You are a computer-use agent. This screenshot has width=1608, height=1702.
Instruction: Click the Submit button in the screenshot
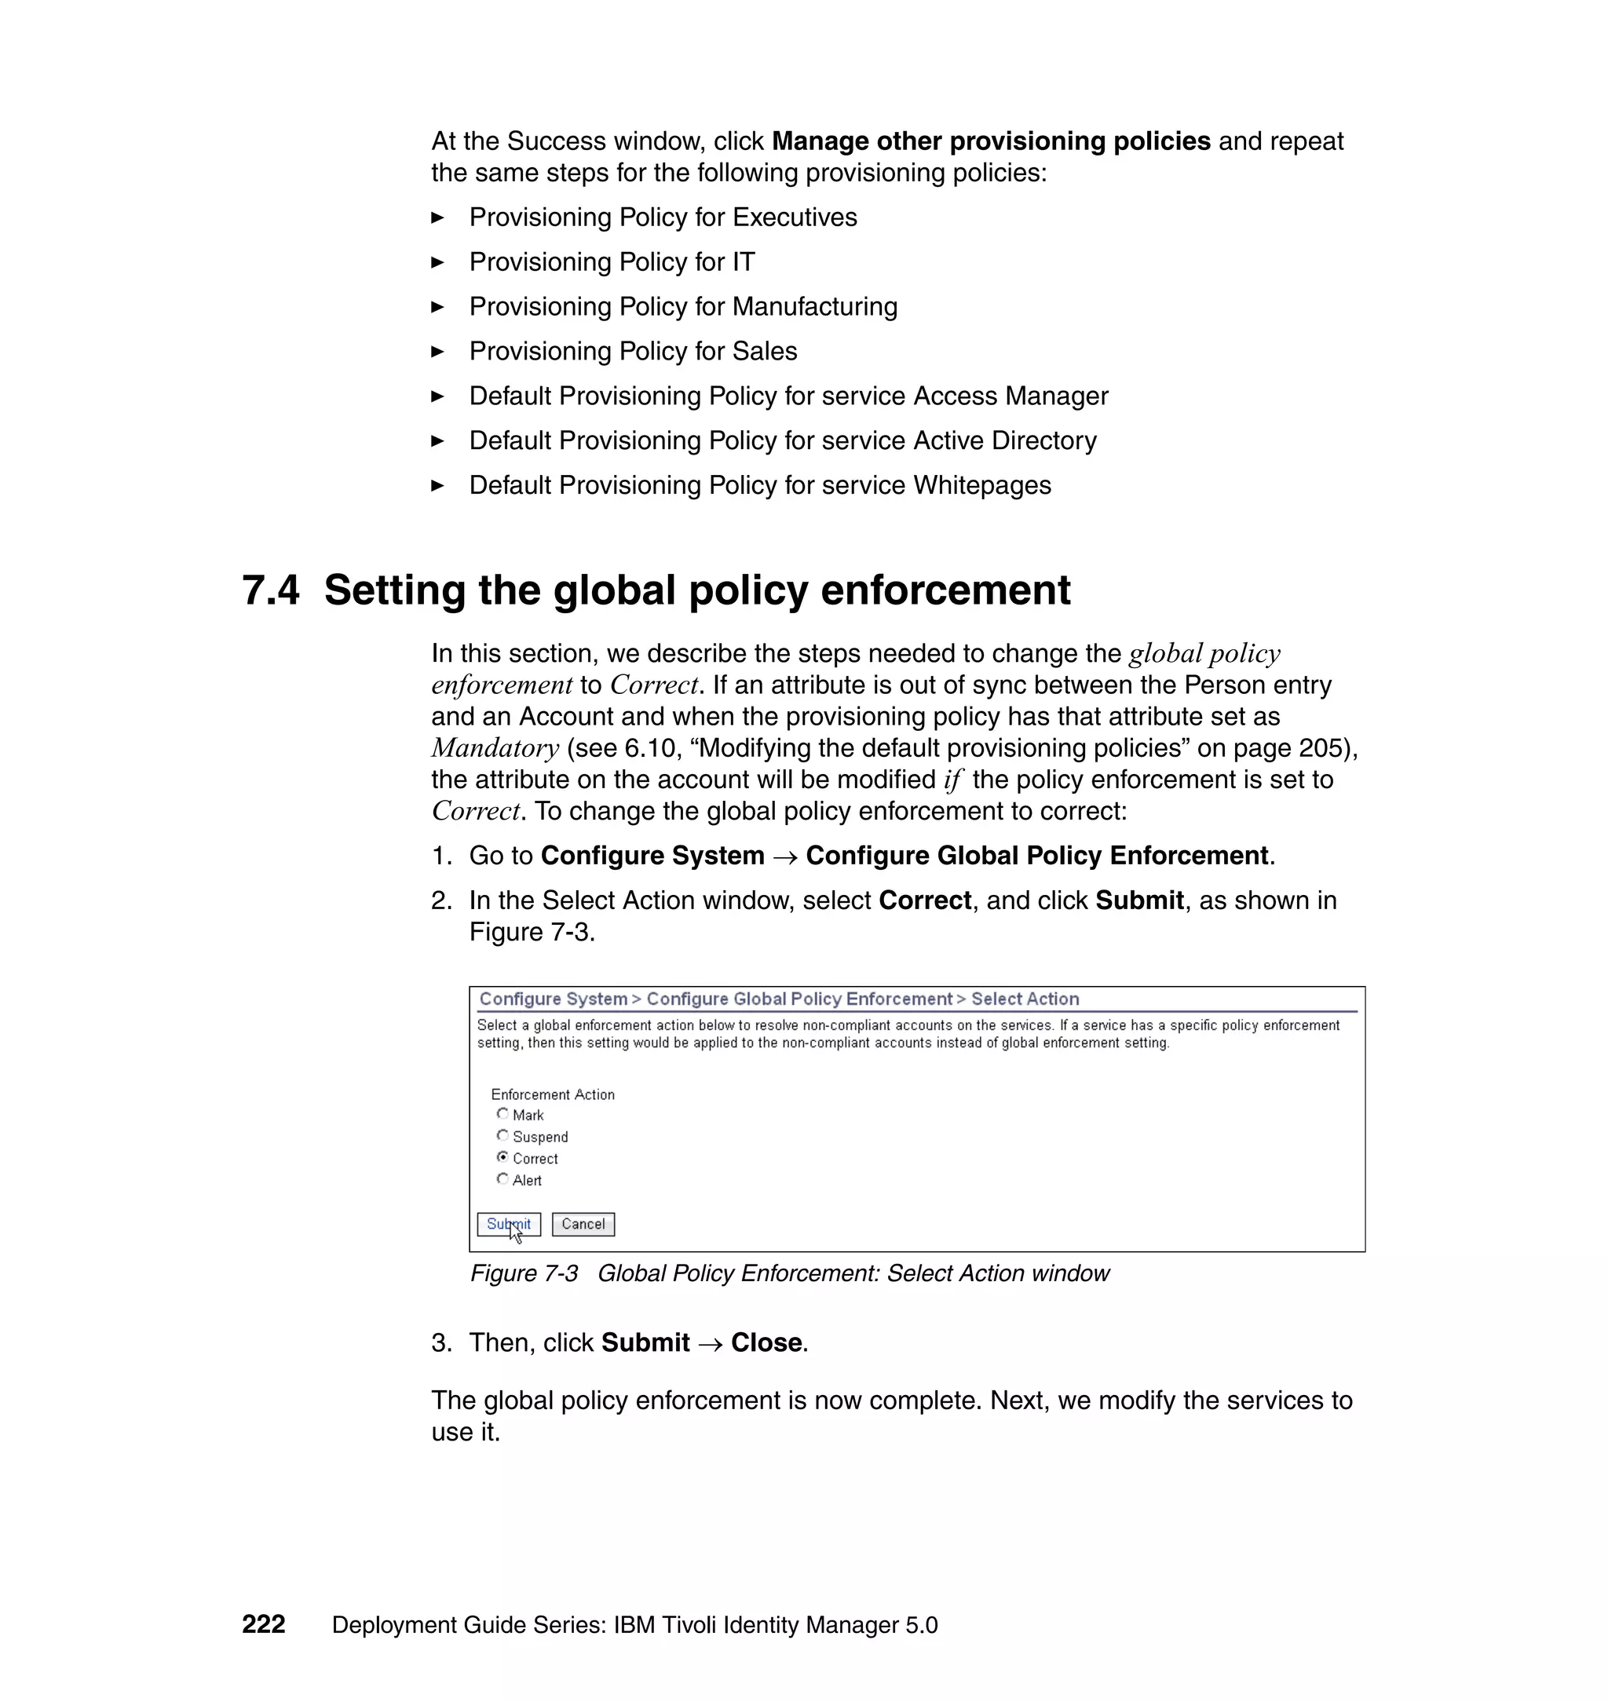pyautogui.click(x=508, y=1224)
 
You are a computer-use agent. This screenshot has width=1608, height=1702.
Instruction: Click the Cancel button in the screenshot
pyautogui.click(x=583, y=1224)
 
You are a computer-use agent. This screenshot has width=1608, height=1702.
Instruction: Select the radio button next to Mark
pyautogui.click(x=502, y=1113)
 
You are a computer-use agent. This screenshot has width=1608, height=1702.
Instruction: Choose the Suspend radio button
pyautogui.click(x=502, y=1134)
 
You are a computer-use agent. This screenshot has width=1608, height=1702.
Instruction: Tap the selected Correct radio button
pyautogui.click(x=502, y=1157)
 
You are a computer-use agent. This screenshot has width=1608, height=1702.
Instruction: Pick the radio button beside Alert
pyautogui.click(x=502, y=1178)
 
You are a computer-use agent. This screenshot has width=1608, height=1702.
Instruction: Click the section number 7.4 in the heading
pyautogui.click(x=271, y=590)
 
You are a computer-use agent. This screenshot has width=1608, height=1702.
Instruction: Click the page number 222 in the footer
pyautogui.click(x=263, y=1624)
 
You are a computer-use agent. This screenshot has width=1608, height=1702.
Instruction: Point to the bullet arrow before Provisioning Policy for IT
pyautogui.click(x=437, y=262)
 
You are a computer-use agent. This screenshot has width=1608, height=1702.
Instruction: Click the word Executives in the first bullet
pyautogui.click(x=795, y=217)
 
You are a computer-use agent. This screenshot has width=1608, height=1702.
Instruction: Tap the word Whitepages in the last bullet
pyautogui.click(x=981, y=485)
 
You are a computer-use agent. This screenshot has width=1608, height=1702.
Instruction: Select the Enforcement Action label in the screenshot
pyautogui.click(x=552, y=1094)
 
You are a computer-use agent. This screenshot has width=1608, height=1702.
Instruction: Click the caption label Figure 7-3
pyautogui.click(x=524, y=1273)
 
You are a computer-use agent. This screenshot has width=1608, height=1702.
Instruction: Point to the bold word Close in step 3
pyautogui.click(x=766, y=1342)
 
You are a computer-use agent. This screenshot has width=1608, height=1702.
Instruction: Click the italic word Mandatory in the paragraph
pyautogui.click(x=495, y=748)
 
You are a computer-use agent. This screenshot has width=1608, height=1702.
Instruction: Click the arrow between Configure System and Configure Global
pyautogui.click(x=784, y=856)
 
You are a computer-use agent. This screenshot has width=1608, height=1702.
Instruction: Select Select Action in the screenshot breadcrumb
pyautogui.click(x=1025, y=999)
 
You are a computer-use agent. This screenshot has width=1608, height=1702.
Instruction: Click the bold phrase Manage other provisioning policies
pyautogui.click(x=991, y=141)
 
